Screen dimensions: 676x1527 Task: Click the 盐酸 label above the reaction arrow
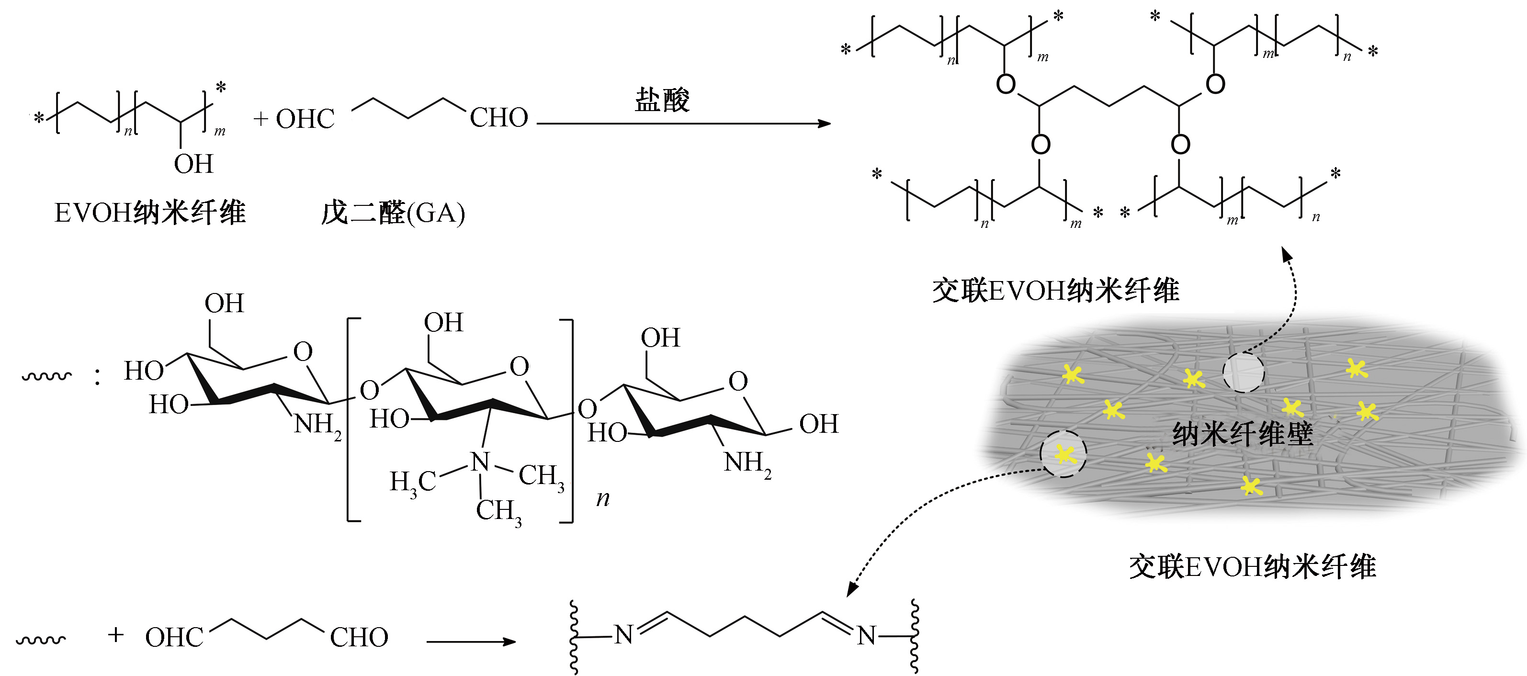tap(662, 100)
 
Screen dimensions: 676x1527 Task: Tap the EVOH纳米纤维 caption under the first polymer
tap(150, 213)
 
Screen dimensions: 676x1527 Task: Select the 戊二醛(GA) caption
tap(393, 213)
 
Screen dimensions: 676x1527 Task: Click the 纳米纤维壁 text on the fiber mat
tap(1243, 434)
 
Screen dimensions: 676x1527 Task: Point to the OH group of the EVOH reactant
tap(193, 164)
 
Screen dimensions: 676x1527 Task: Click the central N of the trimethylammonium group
tap(480, 462)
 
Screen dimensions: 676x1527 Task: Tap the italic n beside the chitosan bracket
tap(603, 499)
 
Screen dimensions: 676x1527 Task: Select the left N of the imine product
tap(623, 635)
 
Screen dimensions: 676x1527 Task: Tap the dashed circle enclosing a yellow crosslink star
tap(1063, 454)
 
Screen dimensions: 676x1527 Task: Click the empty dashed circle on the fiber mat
tap(1243, 372)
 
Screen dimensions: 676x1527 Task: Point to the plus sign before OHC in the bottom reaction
tap(115, 635)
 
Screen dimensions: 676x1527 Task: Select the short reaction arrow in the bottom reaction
tap(471, 641)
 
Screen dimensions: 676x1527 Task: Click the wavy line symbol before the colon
tap(46, 376)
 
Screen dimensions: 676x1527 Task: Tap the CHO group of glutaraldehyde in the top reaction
tap(498, 118)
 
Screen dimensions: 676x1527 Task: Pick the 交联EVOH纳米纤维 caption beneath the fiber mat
tap(1252, 567)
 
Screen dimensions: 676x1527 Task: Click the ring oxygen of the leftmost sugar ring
tap(303, 351)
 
